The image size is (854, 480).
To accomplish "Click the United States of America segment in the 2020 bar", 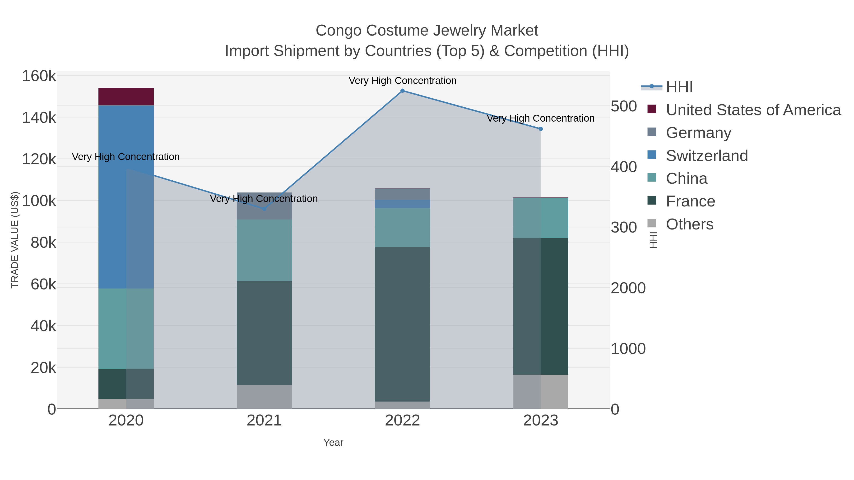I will (126, 96).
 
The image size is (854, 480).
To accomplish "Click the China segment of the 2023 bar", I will (540, 218).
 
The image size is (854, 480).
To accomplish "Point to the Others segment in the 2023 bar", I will (540, 392).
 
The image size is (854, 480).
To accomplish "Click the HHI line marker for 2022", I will (403, 91).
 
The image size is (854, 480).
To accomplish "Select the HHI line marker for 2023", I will (541, 129).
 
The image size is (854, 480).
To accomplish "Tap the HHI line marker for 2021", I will (264, 209).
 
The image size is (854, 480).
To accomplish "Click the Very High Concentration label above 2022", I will (403, 81).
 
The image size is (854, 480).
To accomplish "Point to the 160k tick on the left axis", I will (39, 76).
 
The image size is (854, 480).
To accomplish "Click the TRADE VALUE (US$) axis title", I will (15, 240).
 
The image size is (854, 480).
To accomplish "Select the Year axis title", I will (333, 443).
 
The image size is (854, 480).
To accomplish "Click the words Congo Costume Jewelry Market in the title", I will (427, 31).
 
